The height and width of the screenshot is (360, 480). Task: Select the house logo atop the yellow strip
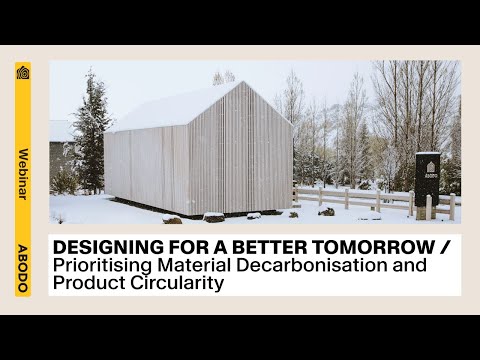click(x=23, y=75)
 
